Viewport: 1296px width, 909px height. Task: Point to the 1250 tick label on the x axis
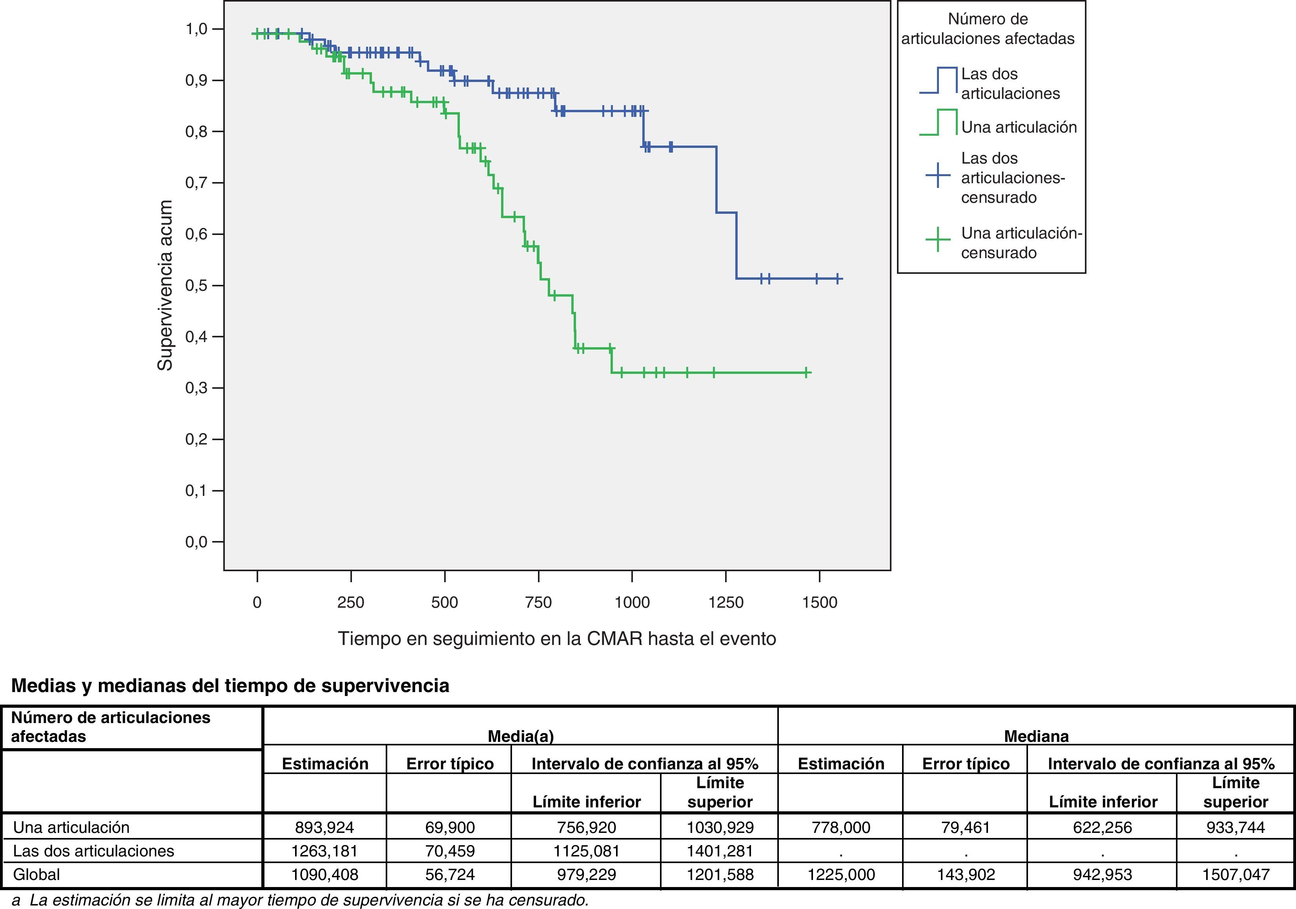coord(726,603)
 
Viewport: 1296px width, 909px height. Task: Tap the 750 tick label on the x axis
coord(538,603)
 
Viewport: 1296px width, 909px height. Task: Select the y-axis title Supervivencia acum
coord(165,286)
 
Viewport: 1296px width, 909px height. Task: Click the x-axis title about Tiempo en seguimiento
coord(556,639)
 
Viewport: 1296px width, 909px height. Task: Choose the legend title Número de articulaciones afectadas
coord(988,29)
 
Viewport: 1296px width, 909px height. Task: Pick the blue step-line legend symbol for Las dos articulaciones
coord(938,80)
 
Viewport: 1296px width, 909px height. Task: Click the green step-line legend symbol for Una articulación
coord(938,122)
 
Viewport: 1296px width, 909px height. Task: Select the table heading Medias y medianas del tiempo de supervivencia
coord(230,685)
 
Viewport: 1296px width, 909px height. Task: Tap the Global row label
coord(37,874)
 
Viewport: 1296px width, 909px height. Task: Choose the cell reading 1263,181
coord(324,851)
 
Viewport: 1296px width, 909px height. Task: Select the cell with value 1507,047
coord(1236,874)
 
